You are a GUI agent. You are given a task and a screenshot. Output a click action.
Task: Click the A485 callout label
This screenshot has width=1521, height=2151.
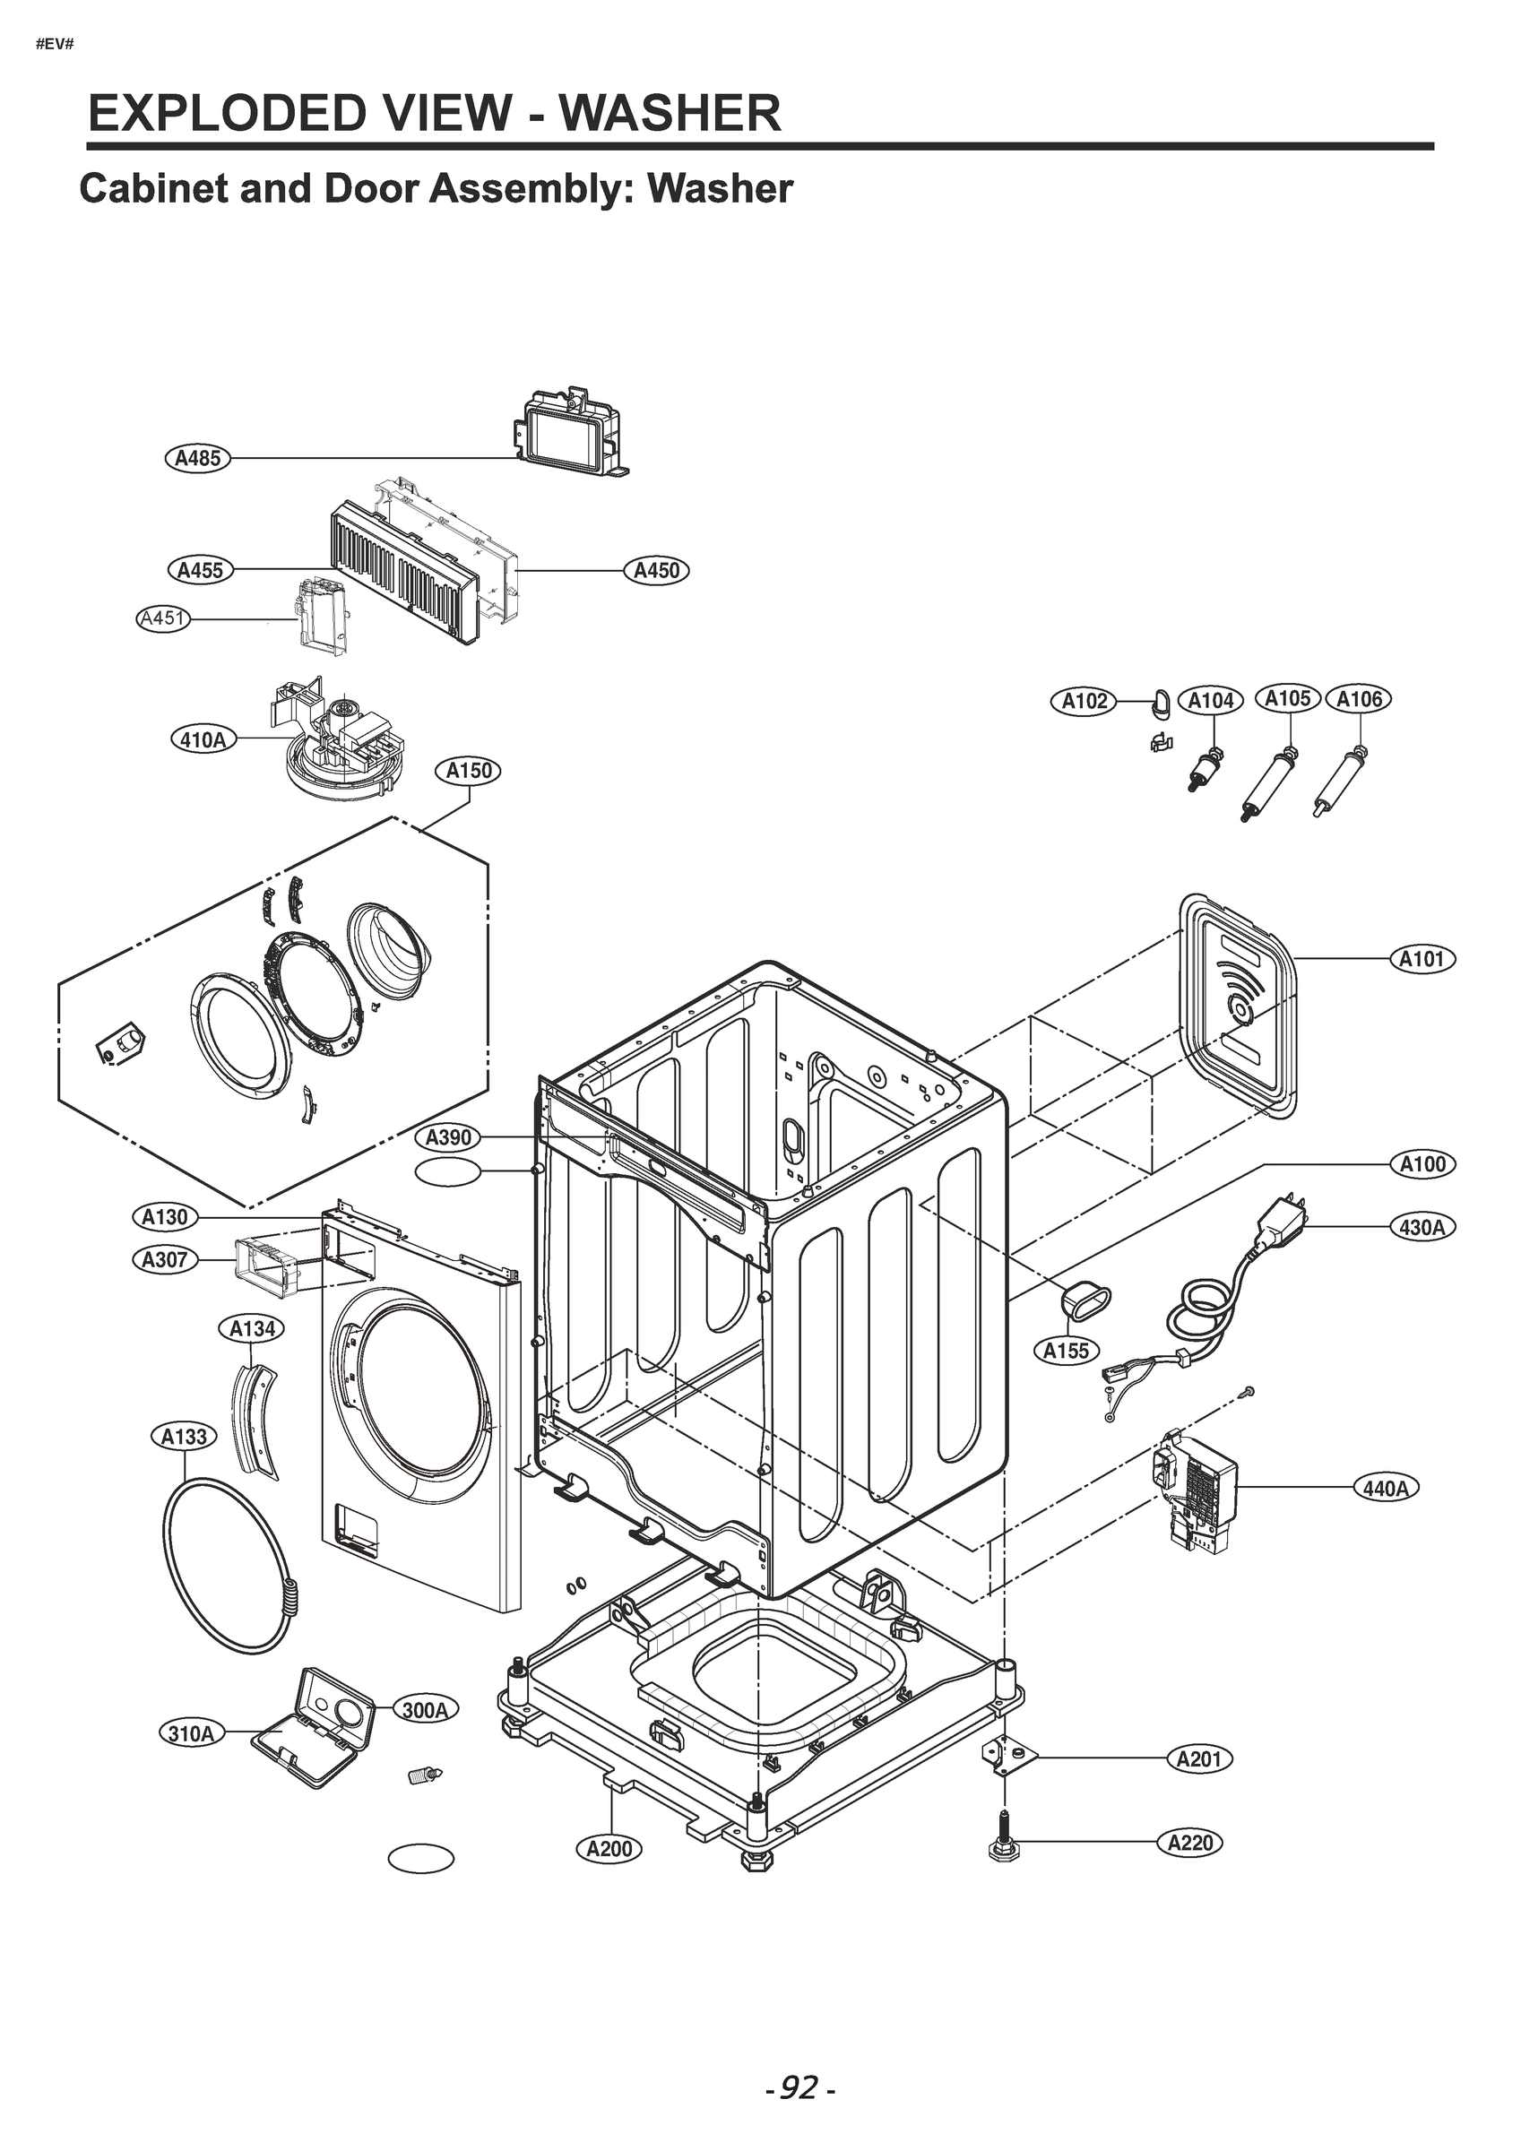pyautogui.click(x=198, y=458)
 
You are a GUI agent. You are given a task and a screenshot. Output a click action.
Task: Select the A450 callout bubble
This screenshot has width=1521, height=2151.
pyautogui.click(x=656, y=570)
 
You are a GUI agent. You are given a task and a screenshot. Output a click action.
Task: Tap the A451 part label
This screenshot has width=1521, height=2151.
pyautogui.click(x=163, y=618)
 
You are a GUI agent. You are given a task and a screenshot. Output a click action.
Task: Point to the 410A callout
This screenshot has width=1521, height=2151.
pyautogui.click(x=203, y=739)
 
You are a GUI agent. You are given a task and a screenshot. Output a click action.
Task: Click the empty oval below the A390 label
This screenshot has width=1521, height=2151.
pyautogui.click(x=448, y=1171)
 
